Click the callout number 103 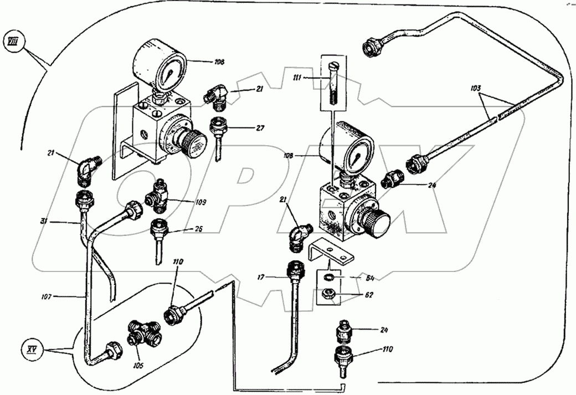point(477,88)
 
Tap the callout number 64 point(362,276)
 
